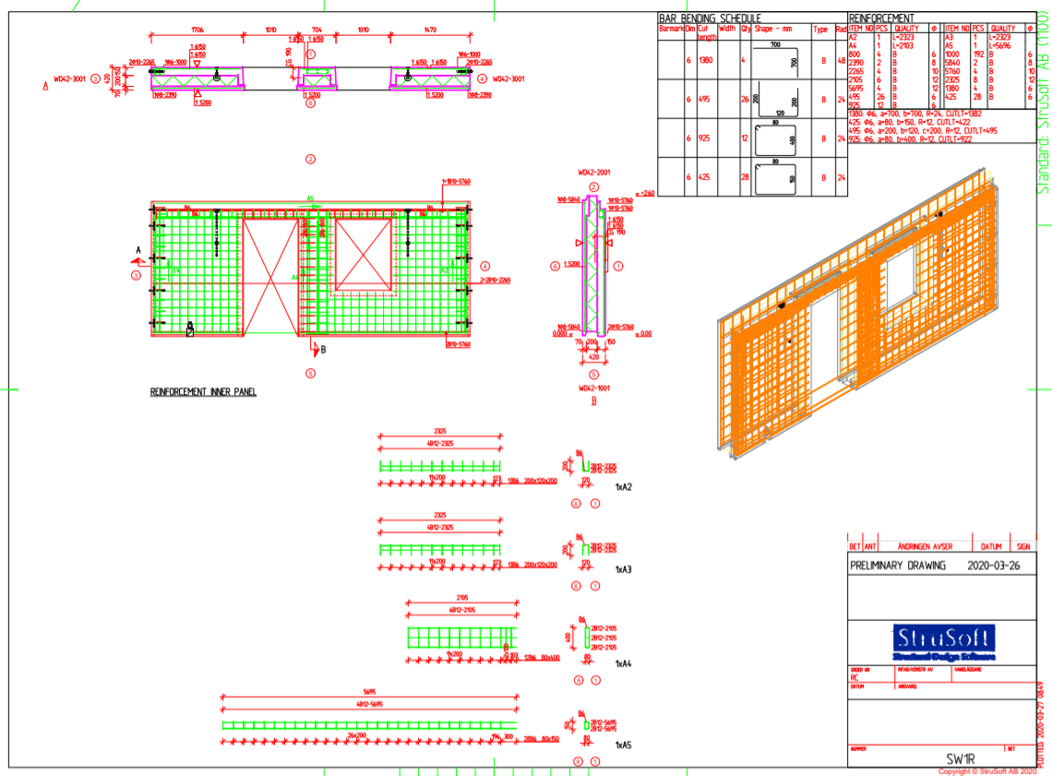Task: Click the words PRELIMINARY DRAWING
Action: click(x=898, y=566)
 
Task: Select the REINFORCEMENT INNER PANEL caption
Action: click(x=203, y=392)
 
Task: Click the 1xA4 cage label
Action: click(x=623, y=663)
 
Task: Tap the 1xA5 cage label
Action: click(x=623, y=744)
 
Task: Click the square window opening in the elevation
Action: click(x=365, y=253)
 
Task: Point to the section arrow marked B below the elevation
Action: click(x=317, y=350)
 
